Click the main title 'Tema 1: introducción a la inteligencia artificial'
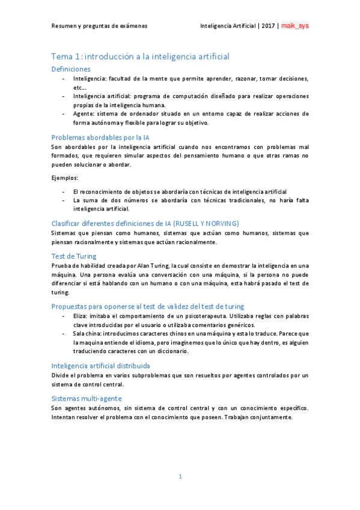[140, 56]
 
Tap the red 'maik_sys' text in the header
[296, 26]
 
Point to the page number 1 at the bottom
[180, 476]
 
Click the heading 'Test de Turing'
[74, 256]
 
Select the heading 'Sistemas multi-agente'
[87, 398]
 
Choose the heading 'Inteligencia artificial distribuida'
[100, 365]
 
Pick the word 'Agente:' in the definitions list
[84, 113]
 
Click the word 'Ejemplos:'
[65, 177]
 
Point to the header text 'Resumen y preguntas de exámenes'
[99, 26]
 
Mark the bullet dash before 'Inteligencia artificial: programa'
[64, 96]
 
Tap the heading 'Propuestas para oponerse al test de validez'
[147, 307]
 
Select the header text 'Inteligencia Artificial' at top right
[227, 26]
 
